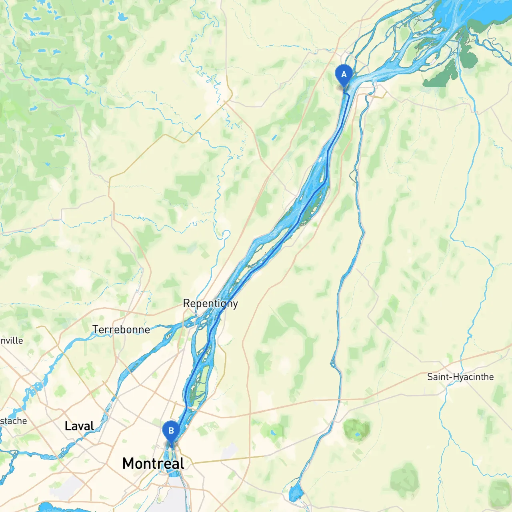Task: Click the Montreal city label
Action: coord(153,463)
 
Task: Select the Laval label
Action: coord(79,426)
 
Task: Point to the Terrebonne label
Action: coord(121,330)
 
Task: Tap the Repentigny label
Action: coord(210,304)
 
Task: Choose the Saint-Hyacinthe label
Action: coord(460,377)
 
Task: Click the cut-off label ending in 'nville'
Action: coord(12,341)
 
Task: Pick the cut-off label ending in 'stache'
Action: coord(14,421)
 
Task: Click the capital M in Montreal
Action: coord(129,463)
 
